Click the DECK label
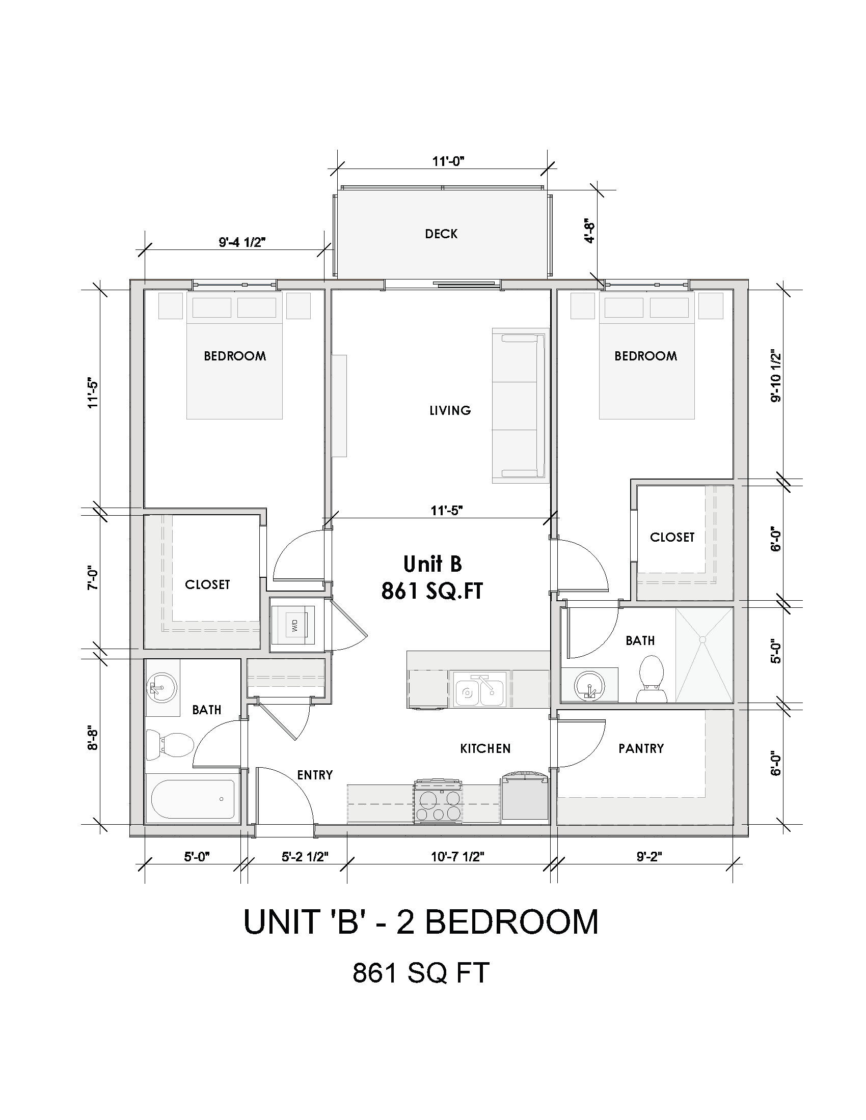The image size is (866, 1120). click(x=441, y=234)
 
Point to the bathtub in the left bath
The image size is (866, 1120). click(x=194, y=799)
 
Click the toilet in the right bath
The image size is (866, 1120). click(x=652, y=679)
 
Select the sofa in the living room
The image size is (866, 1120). click(x=519, y=406)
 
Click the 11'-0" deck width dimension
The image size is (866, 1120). click(x=448, y=161)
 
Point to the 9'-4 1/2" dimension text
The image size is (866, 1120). click(x=242, y=242)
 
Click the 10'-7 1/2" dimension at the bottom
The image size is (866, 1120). click(x=457, y=856)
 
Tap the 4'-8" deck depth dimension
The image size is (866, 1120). click(x=590, y=232)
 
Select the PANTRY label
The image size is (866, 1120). click(x=641, y=748)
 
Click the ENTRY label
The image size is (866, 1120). click(x=314, y=775)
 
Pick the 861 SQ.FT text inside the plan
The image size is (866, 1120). click(x=431, y=591)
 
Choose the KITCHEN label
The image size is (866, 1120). click(x=485, y=749)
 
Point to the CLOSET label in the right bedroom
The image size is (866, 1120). click(x=671, y=537)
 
